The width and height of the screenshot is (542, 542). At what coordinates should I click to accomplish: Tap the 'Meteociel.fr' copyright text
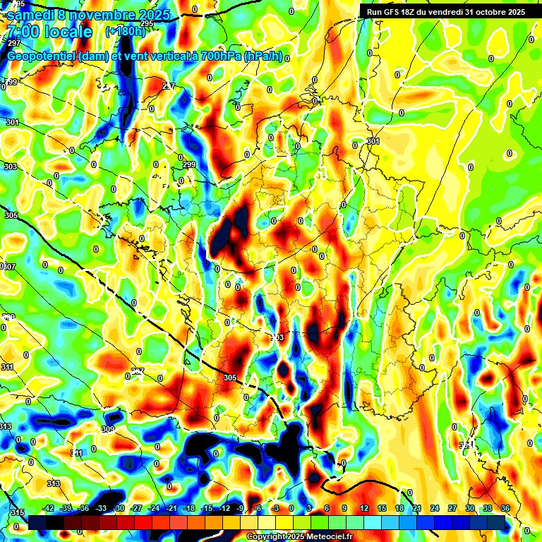323,537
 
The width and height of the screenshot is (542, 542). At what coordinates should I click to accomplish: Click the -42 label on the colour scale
48,508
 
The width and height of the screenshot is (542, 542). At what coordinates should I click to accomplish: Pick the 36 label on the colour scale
505,508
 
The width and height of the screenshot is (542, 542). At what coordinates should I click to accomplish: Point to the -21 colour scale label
171,508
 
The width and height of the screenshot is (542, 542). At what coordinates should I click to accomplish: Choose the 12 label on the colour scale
363,508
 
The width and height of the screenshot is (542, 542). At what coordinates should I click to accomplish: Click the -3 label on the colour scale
276,508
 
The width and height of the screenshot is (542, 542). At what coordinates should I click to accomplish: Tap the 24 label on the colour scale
434,508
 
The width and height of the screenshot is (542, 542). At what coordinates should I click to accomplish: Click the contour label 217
169,86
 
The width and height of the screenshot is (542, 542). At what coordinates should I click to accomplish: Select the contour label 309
108,429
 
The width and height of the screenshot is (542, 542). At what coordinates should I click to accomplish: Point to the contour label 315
17,512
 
